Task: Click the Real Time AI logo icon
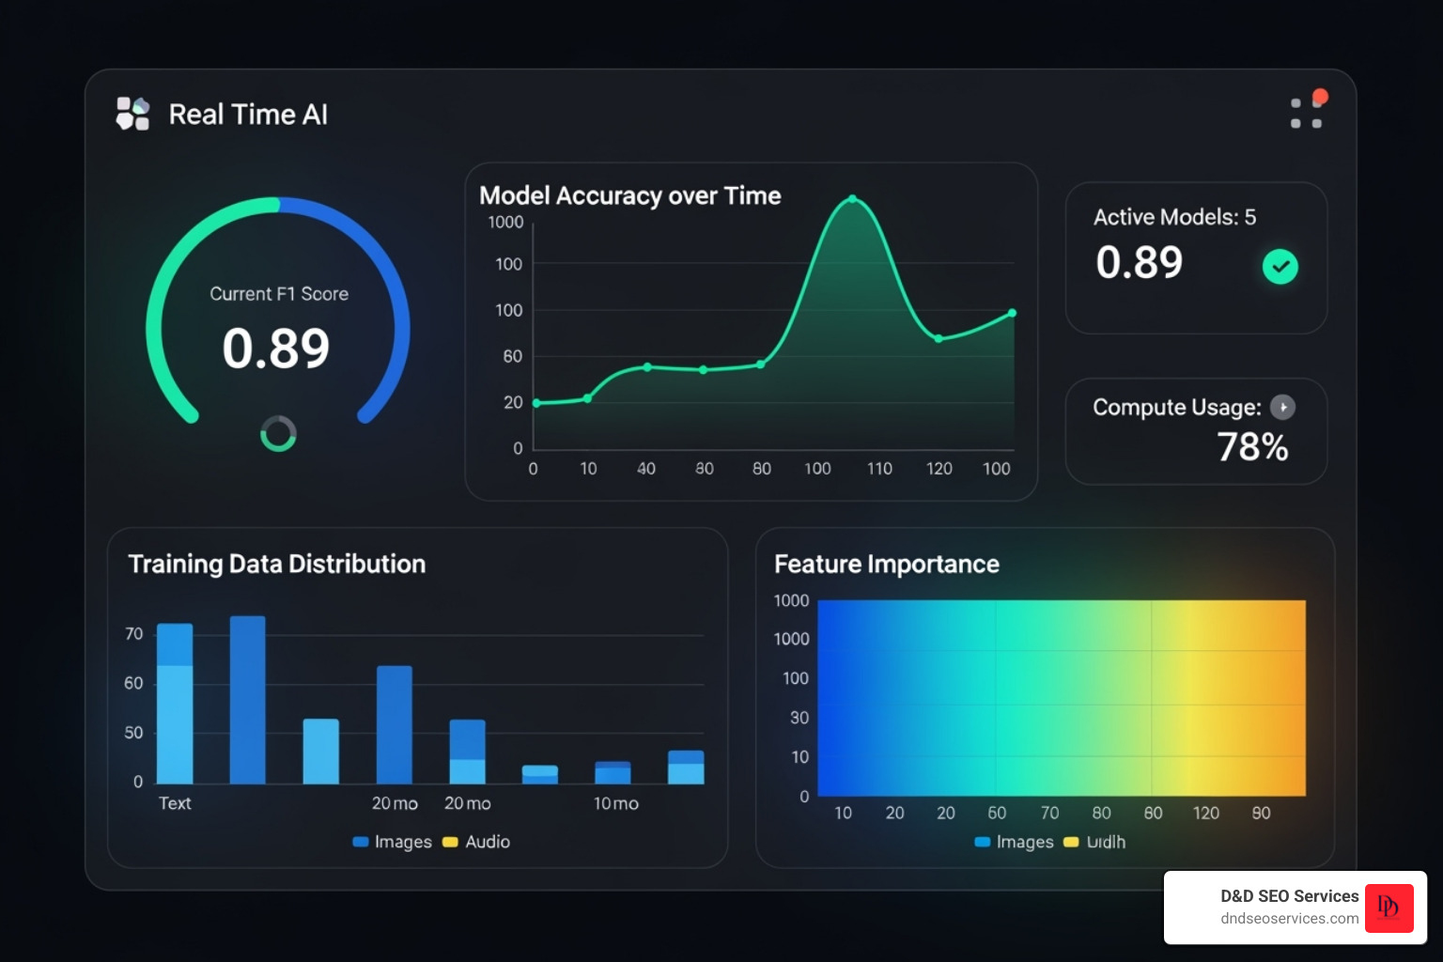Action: [132, 114]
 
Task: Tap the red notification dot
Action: [1320, 97]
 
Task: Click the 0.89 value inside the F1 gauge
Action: [276, 349]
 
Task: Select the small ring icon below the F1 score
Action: [278, 434]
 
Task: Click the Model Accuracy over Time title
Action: [629, 195]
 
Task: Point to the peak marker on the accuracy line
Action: [852, 199]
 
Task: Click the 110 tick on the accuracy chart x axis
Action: [879, 468]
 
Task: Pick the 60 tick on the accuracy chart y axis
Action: [512, 356]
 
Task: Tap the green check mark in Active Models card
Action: [1280, 267]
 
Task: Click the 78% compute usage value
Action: [1252, 447]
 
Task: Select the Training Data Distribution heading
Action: [276, 564]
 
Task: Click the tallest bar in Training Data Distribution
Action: [248, 699]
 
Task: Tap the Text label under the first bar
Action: [175, 803]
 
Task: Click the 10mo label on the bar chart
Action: [615, 803]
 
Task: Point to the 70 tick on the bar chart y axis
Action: [133, 634]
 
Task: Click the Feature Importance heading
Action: [886, 564]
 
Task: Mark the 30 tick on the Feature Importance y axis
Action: [799, 718]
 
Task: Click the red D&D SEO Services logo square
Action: [1389, 907]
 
